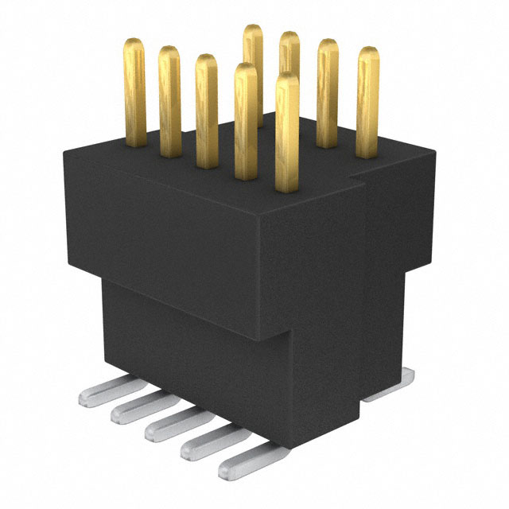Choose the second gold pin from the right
point(328,94)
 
